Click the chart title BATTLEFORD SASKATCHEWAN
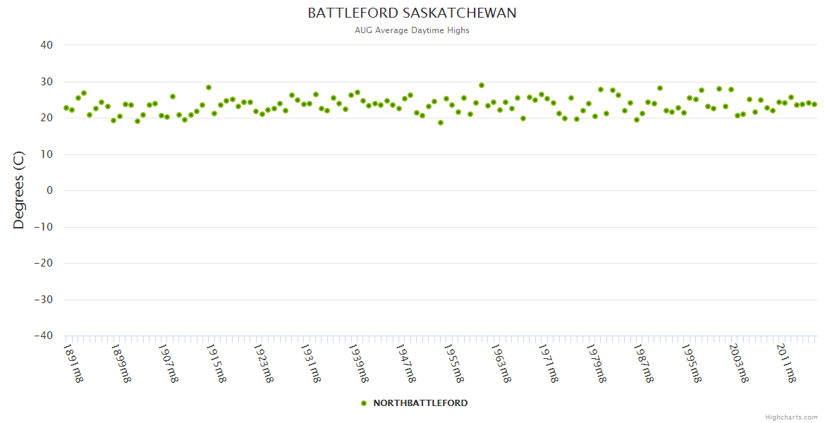pyautogui.click(x=412, y=13)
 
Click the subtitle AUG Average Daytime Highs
pyautogui.click(x=412, y=30)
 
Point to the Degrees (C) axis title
pyautogui.click(x=19, y=191)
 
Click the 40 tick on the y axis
pyautogui.click(x=47, y=45)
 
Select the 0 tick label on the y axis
pyautogui.click(x=49, y=190)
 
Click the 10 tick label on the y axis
pyautogui.click(x=47, y=154)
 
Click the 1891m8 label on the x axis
pyautogui.click(x=73, y=363)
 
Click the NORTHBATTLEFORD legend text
pyautogui.click(x=420, y=403)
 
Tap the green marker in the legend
pyautogui.click(x=364, y=403)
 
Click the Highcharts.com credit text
pyautogui.click(x=791, y=417)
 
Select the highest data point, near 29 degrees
pyautogui.click(x=482, y=85)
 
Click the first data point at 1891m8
pyautogui.click(x=66, y=108)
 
